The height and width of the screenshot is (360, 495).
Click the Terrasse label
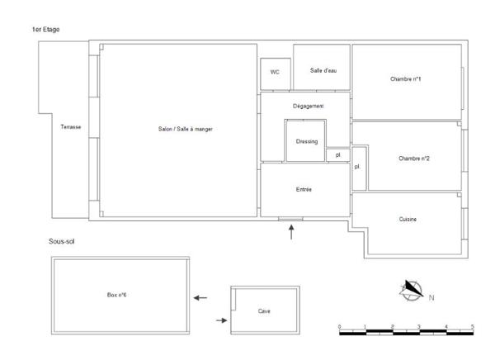[x=71, y=127]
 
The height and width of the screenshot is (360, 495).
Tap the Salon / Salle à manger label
[x=186, y=129]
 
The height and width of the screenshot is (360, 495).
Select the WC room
[x=275, y=72]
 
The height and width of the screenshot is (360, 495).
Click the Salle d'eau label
[x=323, y=70]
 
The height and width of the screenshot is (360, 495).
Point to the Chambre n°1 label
[x=406, y=79]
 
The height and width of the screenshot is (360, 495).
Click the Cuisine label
[x=408, y=219]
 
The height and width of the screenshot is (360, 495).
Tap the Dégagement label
[x=308, y=107]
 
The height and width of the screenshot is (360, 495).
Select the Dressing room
[x=306, y=140]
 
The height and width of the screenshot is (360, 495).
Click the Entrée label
[x=304, y=190]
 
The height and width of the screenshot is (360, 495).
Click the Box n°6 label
[x=116, y=295]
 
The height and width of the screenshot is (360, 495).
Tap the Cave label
[x=264, y=311]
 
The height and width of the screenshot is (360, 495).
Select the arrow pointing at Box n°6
[x=200, y=297]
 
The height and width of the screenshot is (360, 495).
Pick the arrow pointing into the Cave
[x=221, y=320]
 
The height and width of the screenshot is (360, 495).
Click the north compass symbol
[x=412, y=290]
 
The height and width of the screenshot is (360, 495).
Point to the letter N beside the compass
[x=431, y=296]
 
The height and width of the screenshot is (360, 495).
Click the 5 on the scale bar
[x=472, y=327]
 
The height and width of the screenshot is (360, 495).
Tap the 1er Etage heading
[x=45, y=30]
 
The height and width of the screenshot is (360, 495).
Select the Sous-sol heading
[x=62, y=242]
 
